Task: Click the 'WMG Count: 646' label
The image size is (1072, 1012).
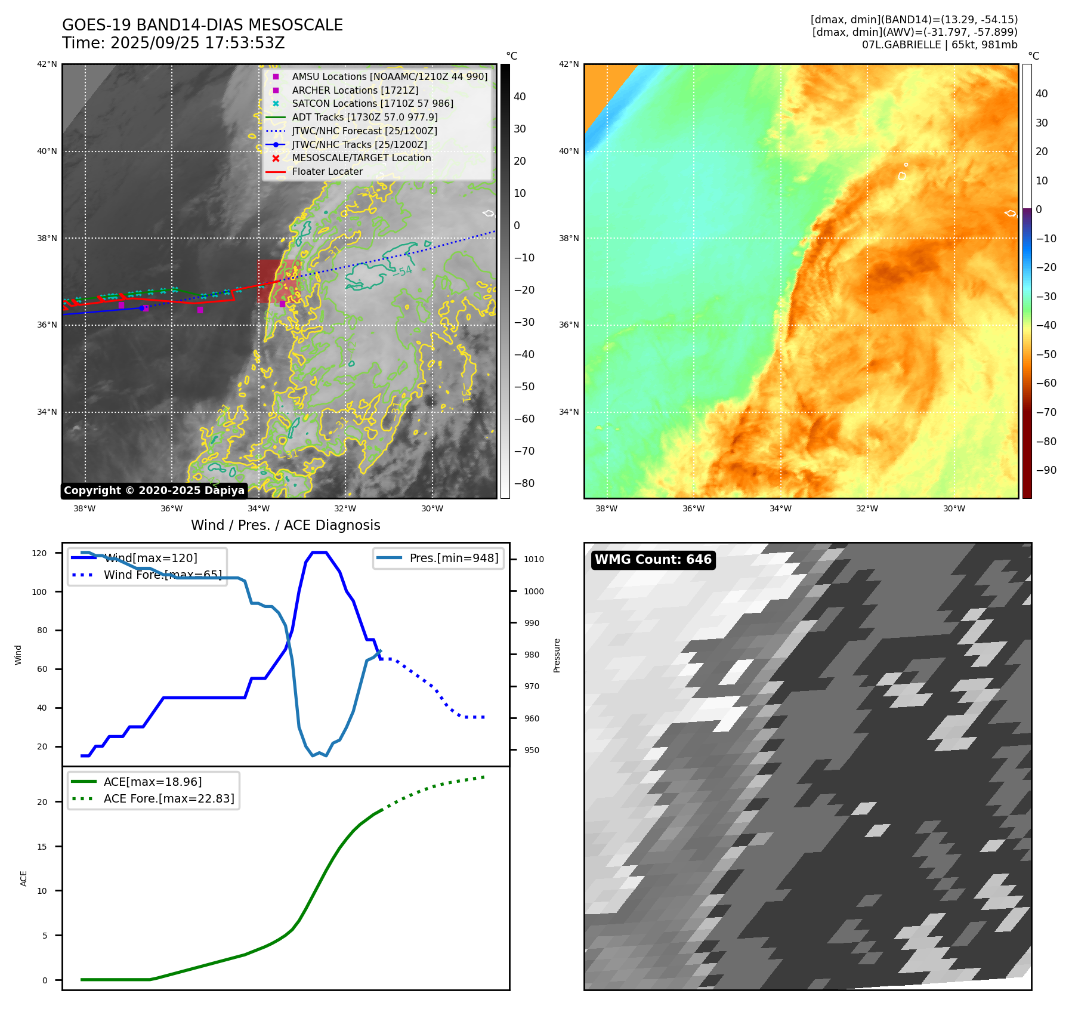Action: pos(653,560)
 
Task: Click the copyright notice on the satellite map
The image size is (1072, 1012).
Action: pos(154,490)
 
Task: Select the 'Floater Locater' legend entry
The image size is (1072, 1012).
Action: pos(327,172)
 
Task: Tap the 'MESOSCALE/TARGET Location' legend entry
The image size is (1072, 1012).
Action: pos(361,158)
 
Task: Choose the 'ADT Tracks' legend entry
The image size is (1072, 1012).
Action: pos(364,118)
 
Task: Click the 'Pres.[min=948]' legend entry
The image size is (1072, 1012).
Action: pos(453,559)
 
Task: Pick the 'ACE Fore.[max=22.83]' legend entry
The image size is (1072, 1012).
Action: pos(168,798)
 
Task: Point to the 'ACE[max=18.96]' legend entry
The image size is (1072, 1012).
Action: pos(152,782)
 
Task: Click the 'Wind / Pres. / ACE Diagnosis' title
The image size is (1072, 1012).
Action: pos(285,525)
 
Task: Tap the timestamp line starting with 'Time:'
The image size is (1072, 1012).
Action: pos(173,44)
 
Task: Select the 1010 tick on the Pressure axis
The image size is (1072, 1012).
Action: pos(534,559)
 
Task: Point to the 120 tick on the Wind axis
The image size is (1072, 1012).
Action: pos(39,553)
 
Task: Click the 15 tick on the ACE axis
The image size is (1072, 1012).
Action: pos(42,847)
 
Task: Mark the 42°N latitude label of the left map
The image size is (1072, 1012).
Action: pos(47,64)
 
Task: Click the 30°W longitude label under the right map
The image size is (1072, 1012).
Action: pos(954,509)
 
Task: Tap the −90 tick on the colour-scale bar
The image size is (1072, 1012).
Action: pos(1046,470)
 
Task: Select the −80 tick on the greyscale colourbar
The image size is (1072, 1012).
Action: pos(524,483)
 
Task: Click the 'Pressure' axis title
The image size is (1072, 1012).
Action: pos(557,655)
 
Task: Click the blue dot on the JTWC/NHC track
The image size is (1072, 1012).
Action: pos(141,308)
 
